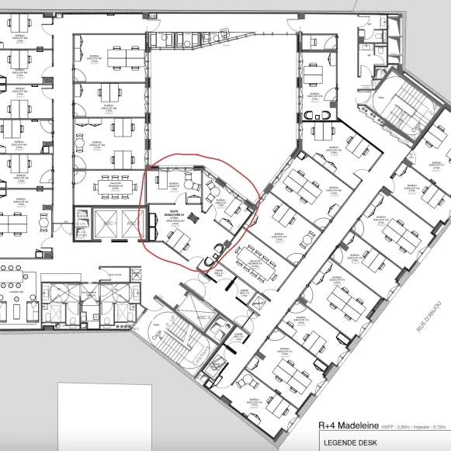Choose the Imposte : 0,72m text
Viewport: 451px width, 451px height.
point(431,426)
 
